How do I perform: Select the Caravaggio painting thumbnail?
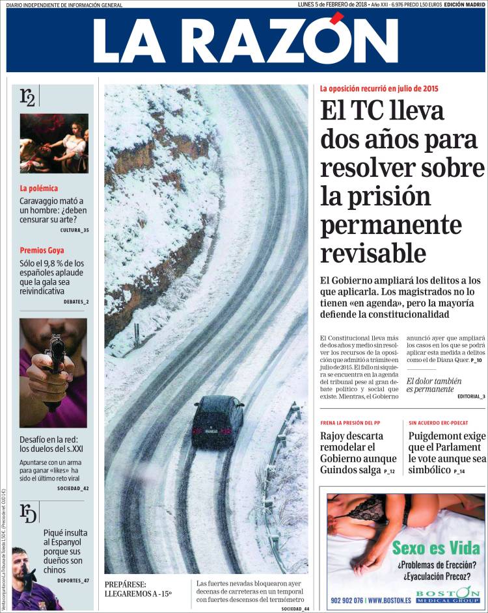(x=53, y=143)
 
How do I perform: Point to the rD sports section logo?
(x=28, y=513)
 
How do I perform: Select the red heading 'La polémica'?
(x=39, y=189)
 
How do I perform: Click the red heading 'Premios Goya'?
(x=42, y=250)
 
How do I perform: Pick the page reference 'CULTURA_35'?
(x=74, y=231)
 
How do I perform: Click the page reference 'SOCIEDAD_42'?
(x=73, y=488)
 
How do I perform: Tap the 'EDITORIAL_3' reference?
(x=471, y=396)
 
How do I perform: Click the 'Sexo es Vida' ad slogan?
(x=435, y=547)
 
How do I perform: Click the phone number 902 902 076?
(x=346, y=600)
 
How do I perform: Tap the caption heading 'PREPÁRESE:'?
(x=125, y=584)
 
